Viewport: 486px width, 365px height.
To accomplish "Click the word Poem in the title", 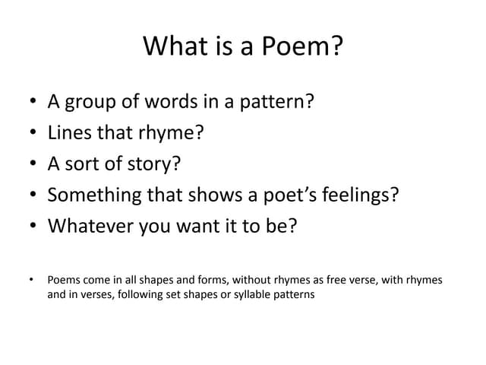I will point(303,48).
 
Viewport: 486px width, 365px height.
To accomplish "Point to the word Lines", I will point(69,133).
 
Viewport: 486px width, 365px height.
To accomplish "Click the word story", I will point(157,164).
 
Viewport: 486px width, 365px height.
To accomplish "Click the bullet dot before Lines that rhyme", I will point(30,134).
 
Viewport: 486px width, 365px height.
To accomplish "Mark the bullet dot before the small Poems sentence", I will point(30,281).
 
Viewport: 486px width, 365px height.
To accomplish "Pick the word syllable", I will point(257,294).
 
